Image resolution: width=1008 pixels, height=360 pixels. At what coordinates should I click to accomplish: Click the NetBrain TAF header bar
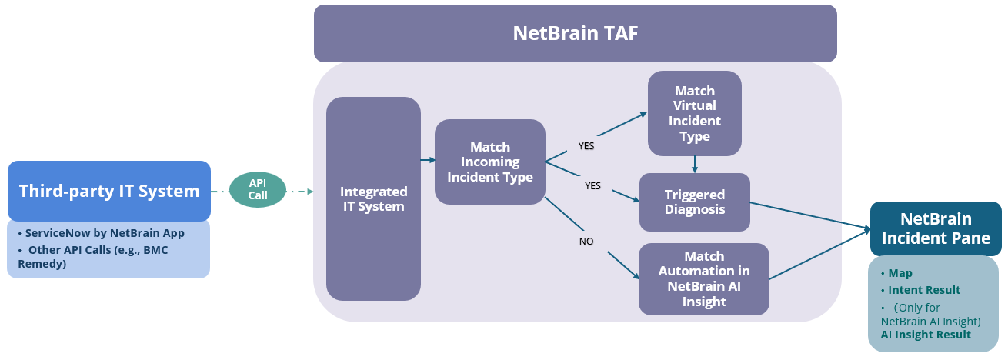[x=575, y=33]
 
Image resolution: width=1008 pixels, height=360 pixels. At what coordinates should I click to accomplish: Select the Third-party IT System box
[x=108, y=191]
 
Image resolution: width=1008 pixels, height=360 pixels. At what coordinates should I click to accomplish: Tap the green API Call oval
[x=258, y=189]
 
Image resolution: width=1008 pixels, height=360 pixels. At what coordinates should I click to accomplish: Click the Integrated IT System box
[x=373, y=198]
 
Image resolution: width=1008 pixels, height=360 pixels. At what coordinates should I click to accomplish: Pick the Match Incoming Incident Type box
[x=490, y=162]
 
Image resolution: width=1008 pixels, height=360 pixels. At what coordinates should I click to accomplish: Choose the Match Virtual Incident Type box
[x=694, y=113]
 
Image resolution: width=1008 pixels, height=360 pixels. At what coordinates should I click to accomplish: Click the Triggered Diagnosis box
[x=694, y=202]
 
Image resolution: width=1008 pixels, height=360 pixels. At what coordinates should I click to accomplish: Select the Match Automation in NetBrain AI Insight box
[x=703, y=278]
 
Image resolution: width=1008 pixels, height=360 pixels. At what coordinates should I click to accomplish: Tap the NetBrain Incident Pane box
[x=936, y=228]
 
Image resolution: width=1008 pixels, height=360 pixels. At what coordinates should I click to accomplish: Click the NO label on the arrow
[x=586, y=242]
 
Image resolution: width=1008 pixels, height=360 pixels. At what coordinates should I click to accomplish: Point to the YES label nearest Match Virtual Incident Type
[x=586, y=145]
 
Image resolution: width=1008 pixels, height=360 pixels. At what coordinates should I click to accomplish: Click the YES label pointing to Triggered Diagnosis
[x=592, y=185]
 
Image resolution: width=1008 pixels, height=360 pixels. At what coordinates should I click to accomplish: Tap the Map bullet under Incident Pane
[x=900, y=273]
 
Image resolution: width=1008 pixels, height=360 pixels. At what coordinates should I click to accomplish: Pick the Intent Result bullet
[x=924, y=290]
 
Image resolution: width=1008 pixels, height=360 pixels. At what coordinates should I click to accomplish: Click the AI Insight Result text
[x=926, y=335]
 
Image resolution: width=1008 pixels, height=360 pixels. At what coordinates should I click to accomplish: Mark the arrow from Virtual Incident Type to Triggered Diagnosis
[x=695, y=164]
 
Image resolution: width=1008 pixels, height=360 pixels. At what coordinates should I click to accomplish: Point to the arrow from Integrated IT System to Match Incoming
[x=427, y=160]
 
